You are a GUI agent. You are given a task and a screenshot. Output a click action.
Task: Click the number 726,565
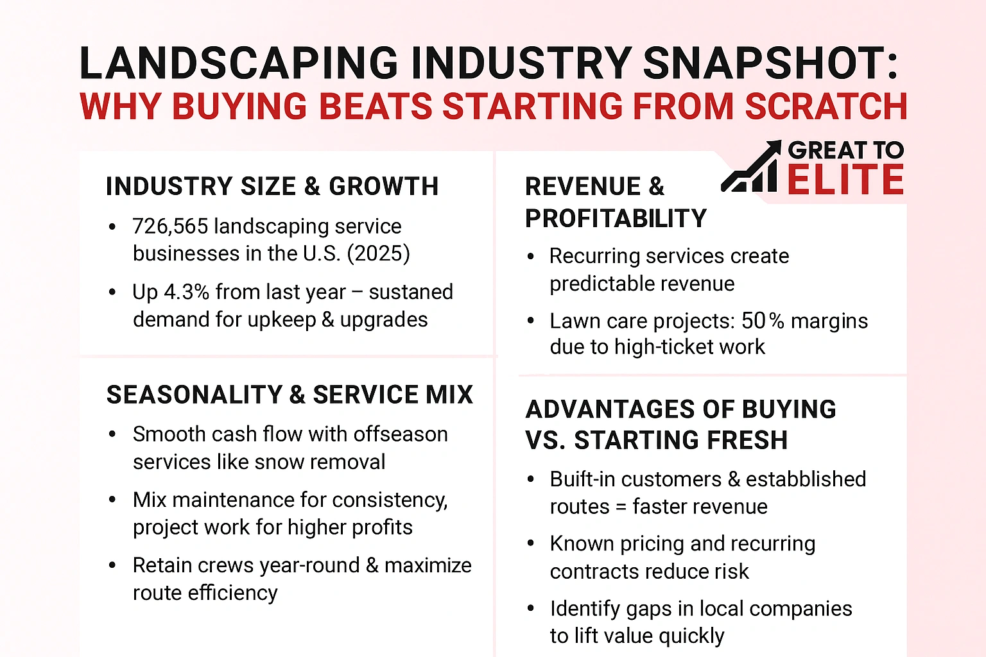(170, 226)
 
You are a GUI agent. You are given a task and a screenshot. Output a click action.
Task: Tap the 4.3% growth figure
(187, 292)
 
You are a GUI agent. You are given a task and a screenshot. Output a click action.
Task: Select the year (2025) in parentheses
(378, 254)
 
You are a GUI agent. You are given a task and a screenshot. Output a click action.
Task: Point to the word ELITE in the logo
(845, 180)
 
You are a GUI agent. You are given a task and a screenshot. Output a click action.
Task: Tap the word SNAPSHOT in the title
(770, 64)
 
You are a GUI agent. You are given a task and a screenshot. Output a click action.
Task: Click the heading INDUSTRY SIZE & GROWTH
(272, 187)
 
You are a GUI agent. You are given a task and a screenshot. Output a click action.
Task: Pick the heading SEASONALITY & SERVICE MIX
(290, 395)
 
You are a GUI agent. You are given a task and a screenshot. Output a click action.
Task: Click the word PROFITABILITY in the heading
(616, 219)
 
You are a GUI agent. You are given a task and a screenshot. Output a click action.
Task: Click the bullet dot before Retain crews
(113, 565)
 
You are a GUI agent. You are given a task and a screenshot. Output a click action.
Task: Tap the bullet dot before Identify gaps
(530, 608)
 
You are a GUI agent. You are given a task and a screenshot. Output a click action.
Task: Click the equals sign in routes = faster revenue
(621, 507)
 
